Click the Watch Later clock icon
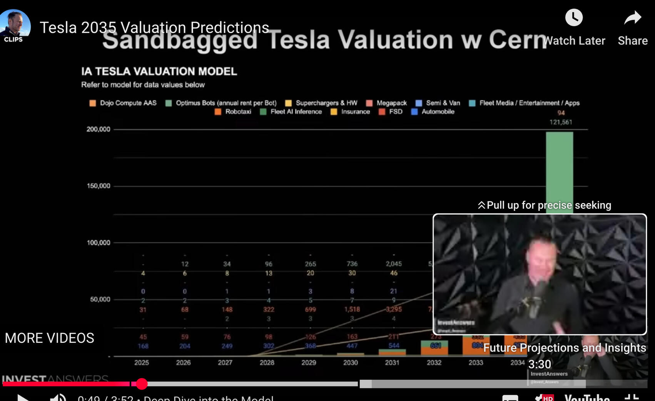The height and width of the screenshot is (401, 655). [573, 18]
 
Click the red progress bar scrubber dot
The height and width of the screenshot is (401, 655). [142, 384]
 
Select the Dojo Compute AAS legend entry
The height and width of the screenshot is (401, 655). [123, 103]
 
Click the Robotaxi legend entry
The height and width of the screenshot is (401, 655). [233, 112]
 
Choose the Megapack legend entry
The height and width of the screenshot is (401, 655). [386, 103]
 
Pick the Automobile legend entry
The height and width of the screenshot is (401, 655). [433, 112]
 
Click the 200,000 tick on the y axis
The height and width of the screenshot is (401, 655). [98, 129]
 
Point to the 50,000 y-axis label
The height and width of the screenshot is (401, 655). [100, 299]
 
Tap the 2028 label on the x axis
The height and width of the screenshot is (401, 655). [267, 362]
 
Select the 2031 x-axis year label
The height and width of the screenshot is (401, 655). [392, 362]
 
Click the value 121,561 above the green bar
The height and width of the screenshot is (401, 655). [561, 122]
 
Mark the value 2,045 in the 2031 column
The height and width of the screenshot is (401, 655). [393, 264]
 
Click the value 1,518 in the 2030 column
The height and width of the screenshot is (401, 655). [352, 309]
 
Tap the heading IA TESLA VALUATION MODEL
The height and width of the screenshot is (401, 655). [159, 71]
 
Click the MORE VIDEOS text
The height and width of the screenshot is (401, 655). [49, 338]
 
